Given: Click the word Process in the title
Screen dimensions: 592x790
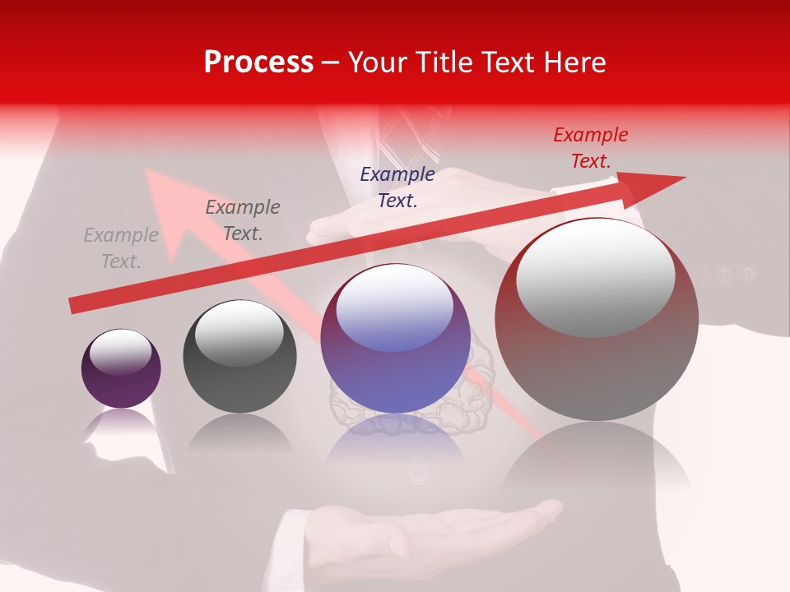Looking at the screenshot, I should (258, 62).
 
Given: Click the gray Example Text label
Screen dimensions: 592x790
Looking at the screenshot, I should (121, 248).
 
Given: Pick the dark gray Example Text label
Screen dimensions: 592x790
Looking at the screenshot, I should (243, 220).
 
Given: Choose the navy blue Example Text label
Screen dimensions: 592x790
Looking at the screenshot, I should (397, 187).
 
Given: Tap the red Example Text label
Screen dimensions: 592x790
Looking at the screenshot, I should (591, 148).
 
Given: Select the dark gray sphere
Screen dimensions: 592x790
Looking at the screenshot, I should (239, 356).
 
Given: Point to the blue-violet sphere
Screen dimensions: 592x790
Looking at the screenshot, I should (396, 339).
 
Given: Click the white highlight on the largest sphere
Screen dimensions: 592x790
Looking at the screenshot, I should (595, 275).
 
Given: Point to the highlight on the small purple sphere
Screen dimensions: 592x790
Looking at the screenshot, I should (120, 352).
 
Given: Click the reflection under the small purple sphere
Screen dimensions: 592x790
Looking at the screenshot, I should (121, 423).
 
